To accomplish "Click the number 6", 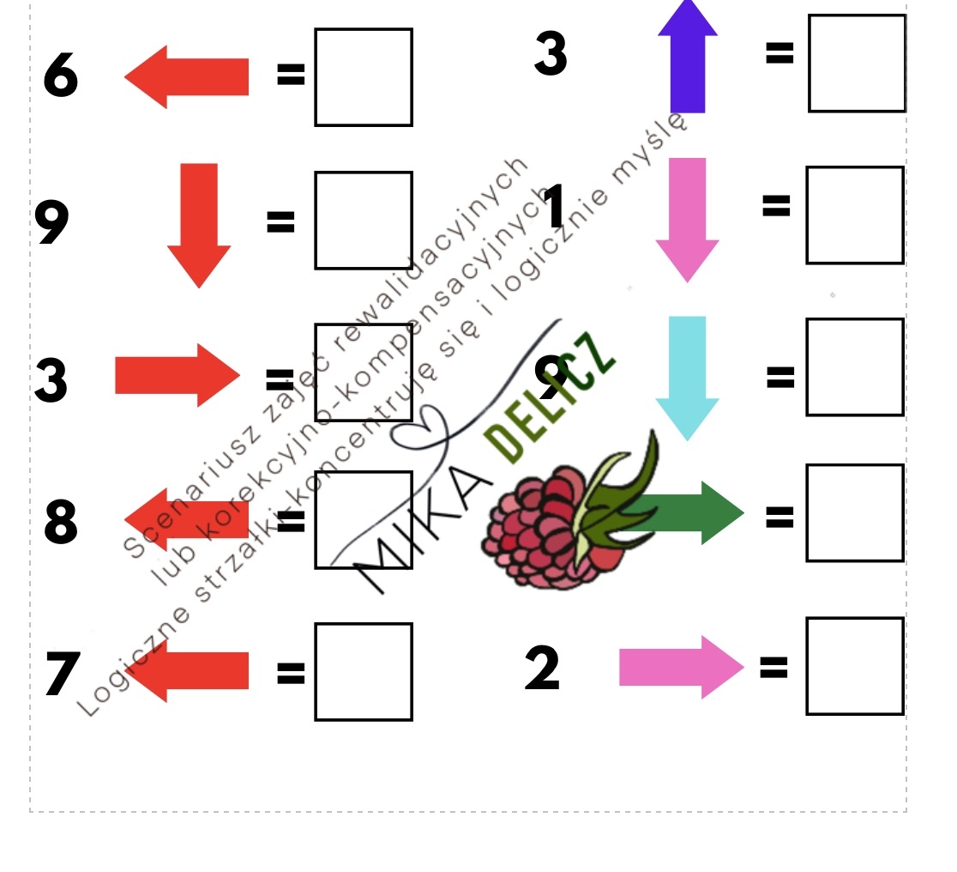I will pos(61,76).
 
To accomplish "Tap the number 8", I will pos(61,523).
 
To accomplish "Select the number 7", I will pos(63,675).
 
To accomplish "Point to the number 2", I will pos(542,669).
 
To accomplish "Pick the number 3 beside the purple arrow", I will pos(551,53).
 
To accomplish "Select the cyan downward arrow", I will pos(687,376).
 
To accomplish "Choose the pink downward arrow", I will pos(687,219).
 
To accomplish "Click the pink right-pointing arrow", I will pos(681,667).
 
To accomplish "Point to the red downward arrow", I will pos(199,224).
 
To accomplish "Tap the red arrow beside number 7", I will pos(192,671).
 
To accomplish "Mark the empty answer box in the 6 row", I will pos(364,77).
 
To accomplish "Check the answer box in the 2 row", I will pos(855,666).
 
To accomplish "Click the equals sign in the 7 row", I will pos(291,674).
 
